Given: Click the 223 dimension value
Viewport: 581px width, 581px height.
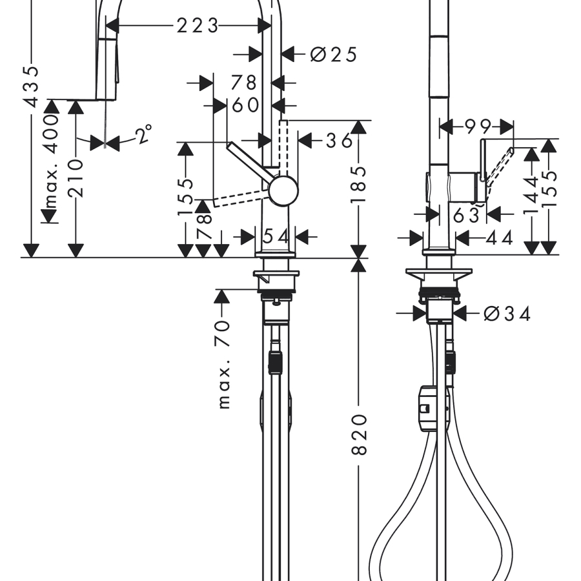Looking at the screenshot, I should click(198, 25).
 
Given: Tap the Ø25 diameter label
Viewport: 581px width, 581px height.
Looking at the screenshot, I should click(333, 54).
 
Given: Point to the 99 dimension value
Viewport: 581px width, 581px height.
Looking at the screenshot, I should click(476, 127).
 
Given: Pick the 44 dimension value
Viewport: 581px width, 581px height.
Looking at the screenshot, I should click(498, 238).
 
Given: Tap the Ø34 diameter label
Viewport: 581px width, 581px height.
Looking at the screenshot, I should click(507, 314).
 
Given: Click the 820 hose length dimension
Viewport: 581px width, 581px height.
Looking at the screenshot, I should click(360, 434).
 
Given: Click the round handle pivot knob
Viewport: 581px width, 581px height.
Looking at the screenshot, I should click(283, 190).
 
